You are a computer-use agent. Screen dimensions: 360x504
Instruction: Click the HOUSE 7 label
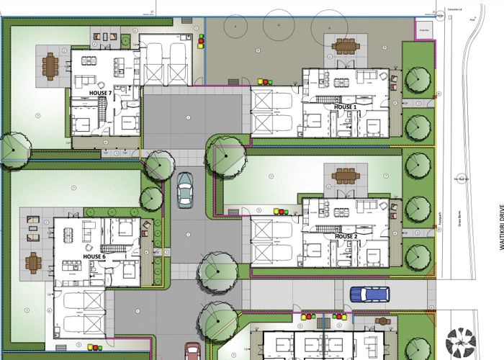point(100,94)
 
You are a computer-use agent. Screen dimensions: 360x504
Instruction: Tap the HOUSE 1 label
point(346,107)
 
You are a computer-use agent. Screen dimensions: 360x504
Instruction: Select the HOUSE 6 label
point(94,256)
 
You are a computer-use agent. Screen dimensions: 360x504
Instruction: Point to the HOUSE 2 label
point(346,236)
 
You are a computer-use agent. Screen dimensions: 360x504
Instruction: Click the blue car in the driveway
point(369,294)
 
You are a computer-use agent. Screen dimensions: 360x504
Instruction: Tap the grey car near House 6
point(185,189)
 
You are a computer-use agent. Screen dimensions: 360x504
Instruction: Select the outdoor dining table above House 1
point(345,46)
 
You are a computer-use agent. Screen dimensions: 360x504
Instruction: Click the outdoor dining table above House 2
point(346,175)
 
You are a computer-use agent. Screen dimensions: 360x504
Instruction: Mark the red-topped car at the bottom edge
point(193,352)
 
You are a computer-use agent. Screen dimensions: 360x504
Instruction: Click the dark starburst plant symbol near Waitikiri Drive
point(460,343)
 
